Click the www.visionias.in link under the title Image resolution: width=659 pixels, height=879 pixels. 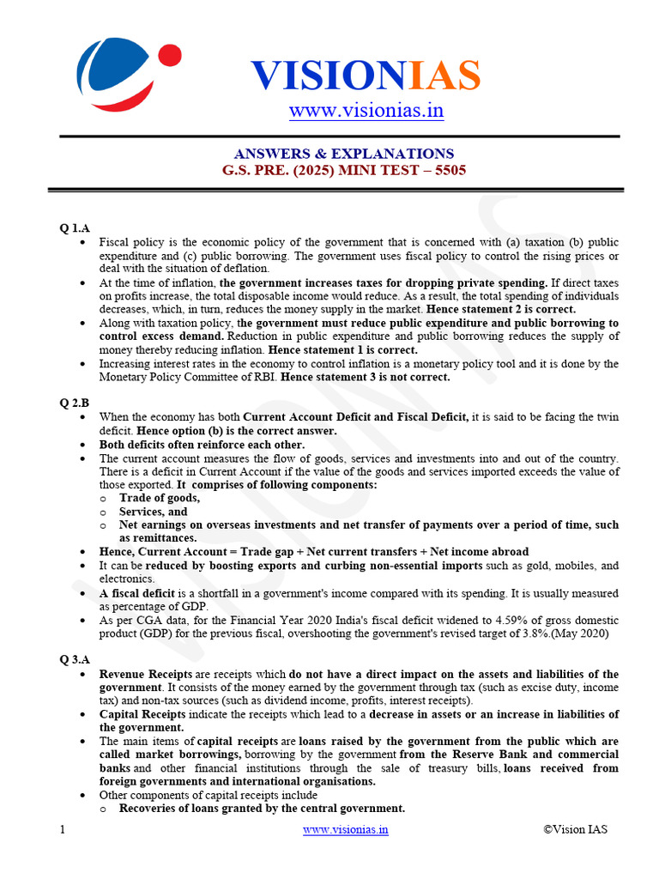tap(366, 111)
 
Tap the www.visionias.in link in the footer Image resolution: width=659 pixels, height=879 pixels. tap(346, 829)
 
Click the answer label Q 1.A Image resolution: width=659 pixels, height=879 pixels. tap(75, 227)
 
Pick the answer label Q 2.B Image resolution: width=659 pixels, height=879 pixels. tap(75, 401)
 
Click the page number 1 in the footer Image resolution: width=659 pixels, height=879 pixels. tap(63, 829)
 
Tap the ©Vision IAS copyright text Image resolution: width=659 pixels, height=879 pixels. tap(576, 829)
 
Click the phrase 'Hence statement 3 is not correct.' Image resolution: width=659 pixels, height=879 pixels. tap(365, 377)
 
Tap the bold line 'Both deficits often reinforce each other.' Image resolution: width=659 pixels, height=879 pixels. tap(202, 445)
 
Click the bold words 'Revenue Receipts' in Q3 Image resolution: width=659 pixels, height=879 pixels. tap(140, 675)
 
